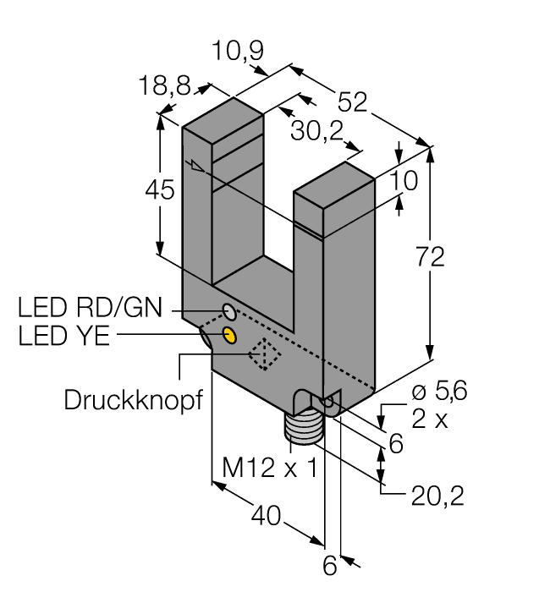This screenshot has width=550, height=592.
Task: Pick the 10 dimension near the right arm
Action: [405, 180]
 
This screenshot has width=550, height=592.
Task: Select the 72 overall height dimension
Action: [432, 258]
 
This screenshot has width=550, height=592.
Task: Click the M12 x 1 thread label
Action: [268, 466]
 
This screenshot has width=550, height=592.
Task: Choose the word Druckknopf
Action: [135, 399]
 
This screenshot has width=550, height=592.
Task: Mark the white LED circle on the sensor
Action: [228, 308]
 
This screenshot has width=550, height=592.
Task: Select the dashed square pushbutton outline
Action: [267, 356]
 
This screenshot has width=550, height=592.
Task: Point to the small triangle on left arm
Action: [197, 166]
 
